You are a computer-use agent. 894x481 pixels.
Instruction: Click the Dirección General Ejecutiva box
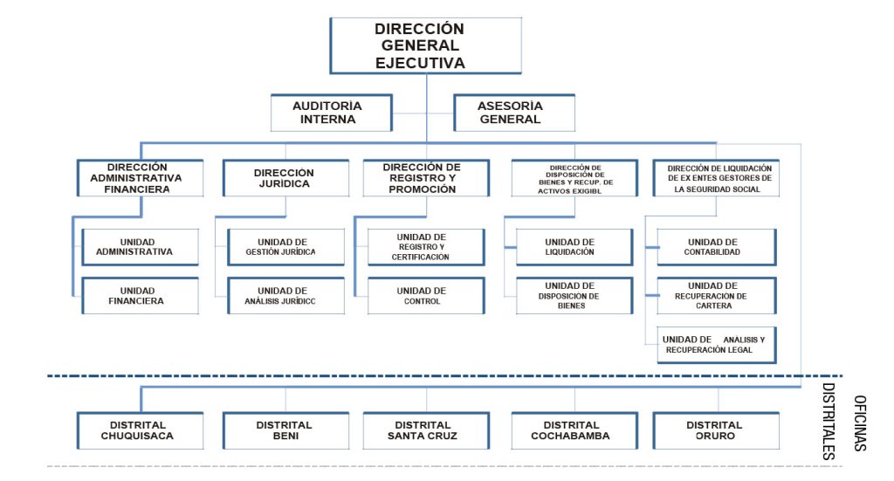coord(425,45)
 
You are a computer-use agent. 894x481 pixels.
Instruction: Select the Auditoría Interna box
coord(327,113)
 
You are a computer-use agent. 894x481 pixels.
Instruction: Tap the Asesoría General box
coord(514,113)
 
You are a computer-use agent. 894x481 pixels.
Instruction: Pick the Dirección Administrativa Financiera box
coord(140,177)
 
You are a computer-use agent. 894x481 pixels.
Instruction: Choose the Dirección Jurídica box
coord(284,177)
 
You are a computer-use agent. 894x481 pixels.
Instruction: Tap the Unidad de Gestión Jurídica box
coord(285,246)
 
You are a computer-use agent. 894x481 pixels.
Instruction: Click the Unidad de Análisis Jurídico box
coord(285,296)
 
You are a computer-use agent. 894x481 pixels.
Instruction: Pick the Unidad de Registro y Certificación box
coord(426,246)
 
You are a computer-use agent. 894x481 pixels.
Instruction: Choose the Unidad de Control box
coord(426,296)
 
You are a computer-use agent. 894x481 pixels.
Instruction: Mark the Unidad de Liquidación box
coord(574,246)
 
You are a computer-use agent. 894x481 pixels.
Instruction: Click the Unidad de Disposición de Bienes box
coord(574,296)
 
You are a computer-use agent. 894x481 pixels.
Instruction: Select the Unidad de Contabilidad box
coord(716,246)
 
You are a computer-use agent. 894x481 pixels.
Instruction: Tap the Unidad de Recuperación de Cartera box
coord(716,296)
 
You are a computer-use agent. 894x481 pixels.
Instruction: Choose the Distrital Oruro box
coord(716,430)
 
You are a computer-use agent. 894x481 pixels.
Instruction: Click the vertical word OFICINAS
coord(860,423)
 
